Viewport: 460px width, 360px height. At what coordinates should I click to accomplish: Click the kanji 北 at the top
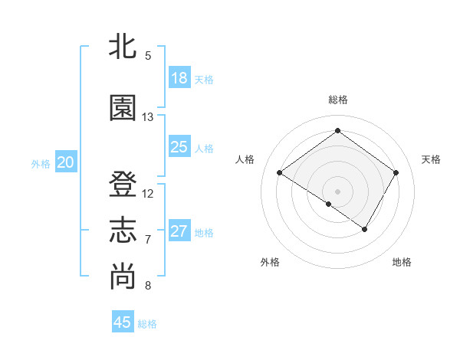[123, 47]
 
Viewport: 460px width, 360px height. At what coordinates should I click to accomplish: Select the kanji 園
[123, 107]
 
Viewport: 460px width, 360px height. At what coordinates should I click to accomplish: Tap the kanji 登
[123, 185]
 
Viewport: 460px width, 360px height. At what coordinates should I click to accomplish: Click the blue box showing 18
[179, 78]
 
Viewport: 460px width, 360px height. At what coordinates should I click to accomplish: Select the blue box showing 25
[179, 147]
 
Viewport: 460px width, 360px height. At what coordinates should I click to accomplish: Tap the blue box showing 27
[179, 231]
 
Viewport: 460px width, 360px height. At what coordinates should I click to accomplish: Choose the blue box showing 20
[66, 162]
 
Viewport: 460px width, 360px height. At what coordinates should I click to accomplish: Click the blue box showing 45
[123, 322]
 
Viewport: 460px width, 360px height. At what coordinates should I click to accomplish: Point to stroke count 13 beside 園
[148, 117]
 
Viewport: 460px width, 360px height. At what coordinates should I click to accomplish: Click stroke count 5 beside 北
[148, 56]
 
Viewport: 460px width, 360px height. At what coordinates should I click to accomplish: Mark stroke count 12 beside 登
[148, 194]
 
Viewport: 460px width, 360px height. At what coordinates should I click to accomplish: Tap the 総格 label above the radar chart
[337, 100]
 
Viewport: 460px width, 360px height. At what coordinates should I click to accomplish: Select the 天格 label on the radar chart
[432, 159]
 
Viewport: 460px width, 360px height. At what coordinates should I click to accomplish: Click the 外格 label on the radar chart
[270, 262]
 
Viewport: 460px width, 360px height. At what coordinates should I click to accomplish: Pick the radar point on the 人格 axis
[280, 173]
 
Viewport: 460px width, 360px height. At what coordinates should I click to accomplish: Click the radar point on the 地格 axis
[365, 229]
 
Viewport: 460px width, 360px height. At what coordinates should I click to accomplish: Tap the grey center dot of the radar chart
[337, 191]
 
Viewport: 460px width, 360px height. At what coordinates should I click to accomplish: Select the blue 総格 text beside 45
[148, 324]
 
